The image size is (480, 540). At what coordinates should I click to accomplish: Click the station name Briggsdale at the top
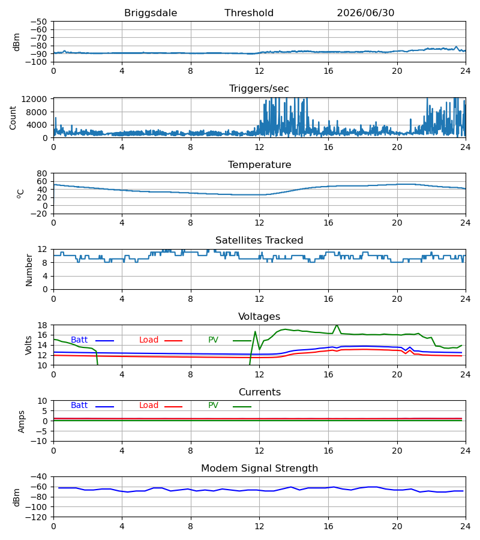click(151, 13)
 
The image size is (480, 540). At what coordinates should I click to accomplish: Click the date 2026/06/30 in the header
click(365, 13)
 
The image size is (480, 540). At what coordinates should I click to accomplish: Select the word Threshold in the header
click(249, 13)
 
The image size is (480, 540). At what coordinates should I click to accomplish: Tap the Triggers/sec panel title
click(259, 89)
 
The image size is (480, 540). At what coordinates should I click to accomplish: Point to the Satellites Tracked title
click(259, 241)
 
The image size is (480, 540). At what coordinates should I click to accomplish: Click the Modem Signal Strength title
click(259, 469)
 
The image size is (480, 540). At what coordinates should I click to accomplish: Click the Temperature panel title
click(259, 164)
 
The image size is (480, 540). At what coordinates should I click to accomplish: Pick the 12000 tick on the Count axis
click(34, 99)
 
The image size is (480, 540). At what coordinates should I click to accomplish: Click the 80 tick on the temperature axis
click(42, 173)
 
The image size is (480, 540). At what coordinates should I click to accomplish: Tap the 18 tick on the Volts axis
click(42, 325)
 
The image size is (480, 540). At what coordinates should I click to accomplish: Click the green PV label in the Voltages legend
click(213, 340)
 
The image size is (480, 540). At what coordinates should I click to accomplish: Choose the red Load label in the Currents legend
click(149, 406)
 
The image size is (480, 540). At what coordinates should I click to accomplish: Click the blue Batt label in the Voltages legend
click(79, 340)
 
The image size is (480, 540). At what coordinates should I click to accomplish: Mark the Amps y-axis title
click(22, 422)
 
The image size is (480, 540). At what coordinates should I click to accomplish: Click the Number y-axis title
click(29, 270)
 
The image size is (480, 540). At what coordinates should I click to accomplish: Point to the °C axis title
click(20, 194)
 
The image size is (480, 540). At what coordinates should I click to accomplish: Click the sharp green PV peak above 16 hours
click(337, 325)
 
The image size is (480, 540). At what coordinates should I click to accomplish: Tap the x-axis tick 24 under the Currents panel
click(466, 451)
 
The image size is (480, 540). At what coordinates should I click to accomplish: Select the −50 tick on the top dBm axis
click(39, 22)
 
